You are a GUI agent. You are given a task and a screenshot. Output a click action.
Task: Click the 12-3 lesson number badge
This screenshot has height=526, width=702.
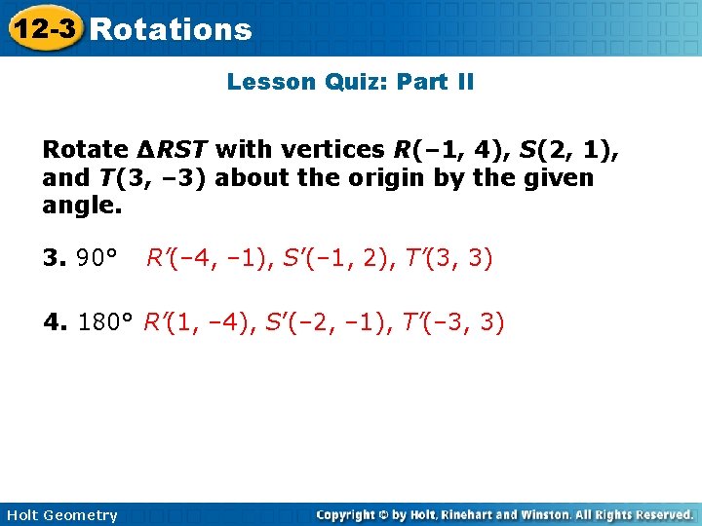[43, 29]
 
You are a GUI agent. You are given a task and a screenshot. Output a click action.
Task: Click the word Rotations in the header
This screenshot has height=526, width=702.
[171, 30]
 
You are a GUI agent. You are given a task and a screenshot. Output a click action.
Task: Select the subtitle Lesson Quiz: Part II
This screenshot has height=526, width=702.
[350, 82]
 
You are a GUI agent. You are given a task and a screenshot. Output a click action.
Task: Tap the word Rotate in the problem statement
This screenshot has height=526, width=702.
[85, 150]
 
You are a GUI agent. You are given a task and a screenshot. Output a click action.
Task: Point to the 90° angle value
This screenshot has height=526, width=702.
[97, 258]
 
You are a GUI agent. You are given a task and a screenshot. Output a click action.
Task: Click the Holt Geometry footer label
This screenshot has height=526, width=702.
[61, 515]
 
